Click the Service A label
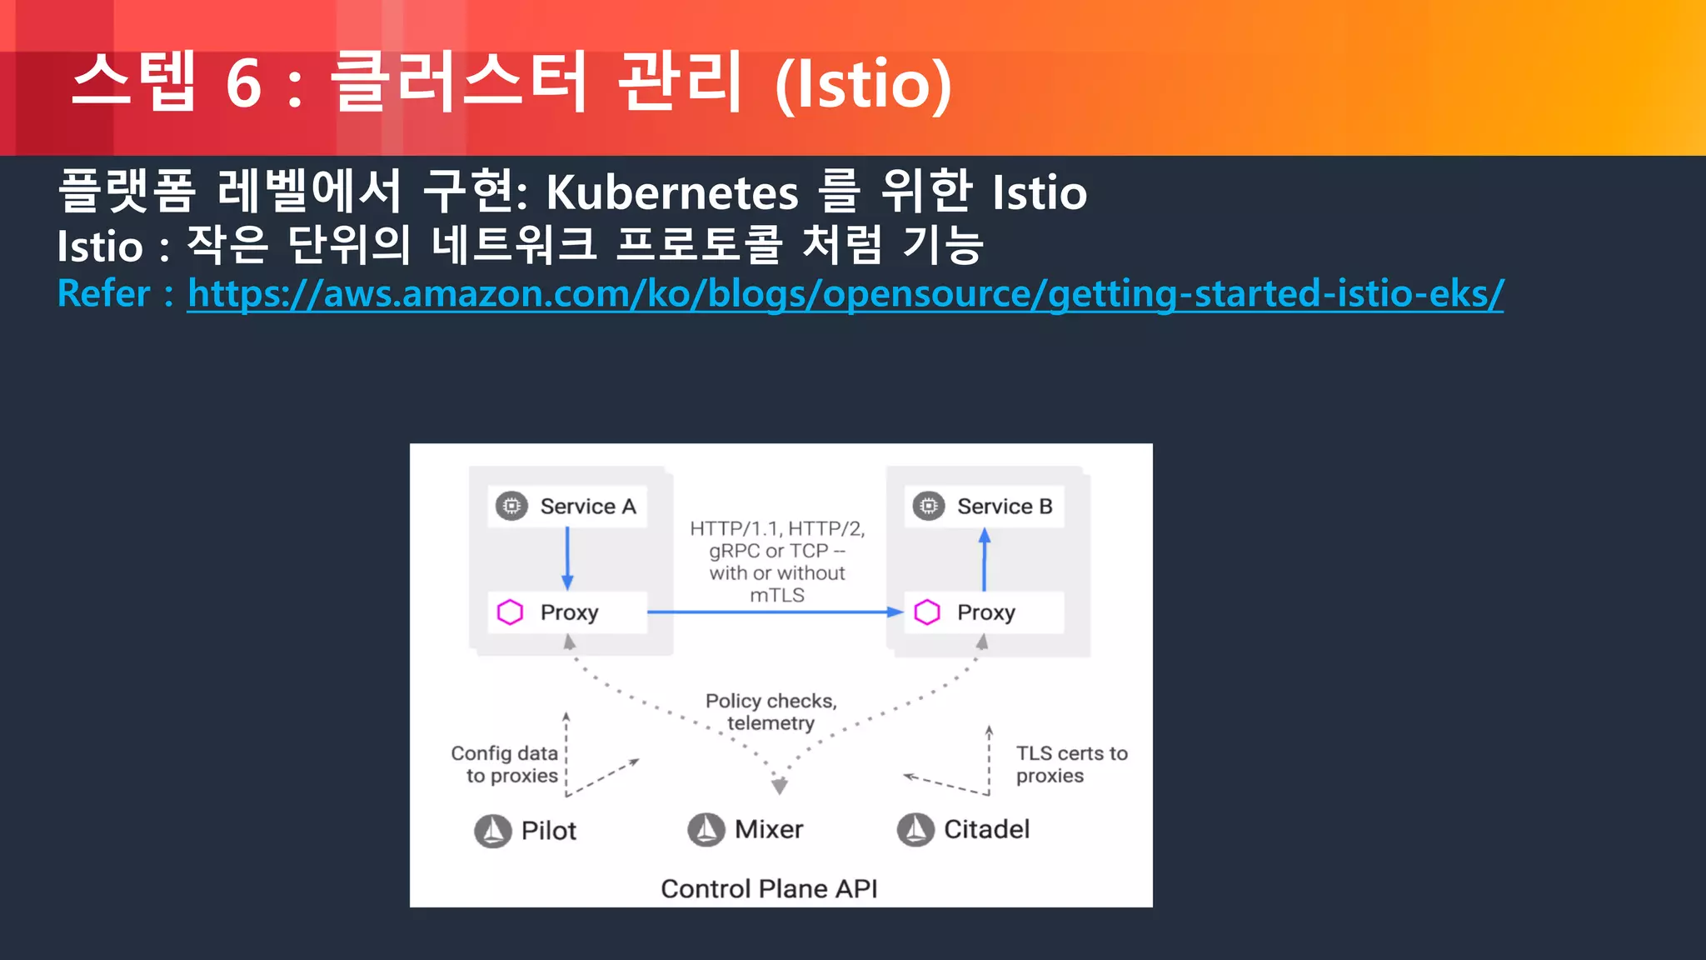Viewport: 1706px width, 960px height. click(587, 506)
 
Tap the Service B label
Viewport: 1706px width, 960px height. click(1004, 506)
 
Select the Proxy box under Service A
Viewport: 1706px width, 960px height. click(569, 612)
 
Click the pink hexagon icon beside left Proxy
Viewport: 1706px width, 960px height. click(510, 612)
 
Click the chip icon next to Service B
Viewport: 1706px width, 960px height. click(928, 506)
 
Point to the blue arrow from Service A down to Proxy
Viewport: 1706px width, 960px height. click(567, 558)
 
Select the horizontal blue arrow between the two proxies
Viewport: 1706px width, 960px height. click(775, 612)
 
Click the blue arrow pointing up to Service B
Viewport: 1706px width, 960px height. click(985, 560)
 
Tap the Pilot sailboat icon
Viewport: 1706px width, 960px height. click(492, 831)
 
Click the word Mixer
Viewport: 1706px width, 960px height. click(768, 829)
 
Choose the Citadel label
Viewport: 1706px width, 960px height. click(986, 829)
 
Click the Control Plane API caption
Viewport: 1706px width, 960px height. click(768, 888)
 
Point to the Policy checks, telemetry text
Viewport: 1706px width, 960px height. click(771, 712)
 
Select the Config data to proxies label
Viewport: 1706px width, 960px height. click(505, 764)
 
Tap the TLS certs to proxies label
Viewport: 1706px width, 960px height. click(1070, 764)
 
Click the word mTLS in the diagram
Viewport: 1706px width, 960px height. click(776, 595)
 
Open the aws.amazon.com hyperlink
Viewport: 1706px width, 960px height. click(845, 293)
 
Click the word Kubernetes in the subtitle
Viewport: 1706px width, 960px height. click(671, 192)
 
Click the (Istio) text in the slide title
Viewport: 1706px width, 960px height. click(863, 83)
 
